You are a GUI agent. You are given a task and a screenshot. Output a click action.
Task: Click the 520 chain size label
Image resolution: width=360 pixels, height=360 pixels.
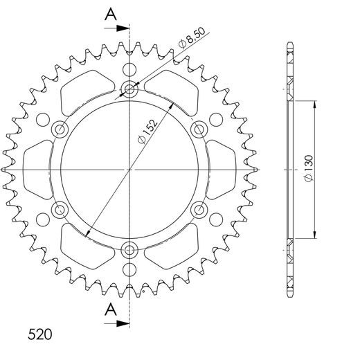coord(39,316)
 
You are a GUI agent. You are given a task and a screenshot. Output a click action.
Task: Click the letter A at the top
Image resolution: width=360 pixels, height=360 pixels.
coord(109,13)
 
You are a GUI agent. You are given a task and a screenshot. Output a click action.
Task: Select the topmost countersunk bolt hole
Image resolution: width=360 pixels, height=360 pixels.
coord(130,88)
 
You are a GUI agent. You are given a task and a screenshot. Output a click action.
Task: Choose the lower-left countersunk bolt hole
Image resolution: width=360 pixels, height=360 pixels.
coord(60,209)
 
